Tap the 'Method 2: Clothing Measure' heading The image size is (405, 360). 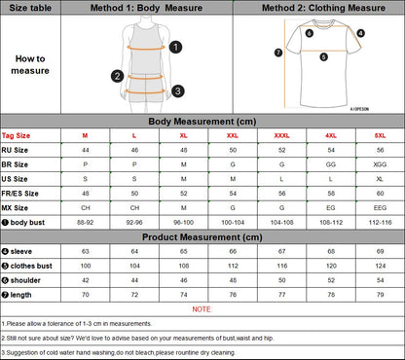pyautogui.click(x=318, y=9)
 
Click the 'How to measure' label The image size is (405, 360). pyautogui.click(x=29, y=64)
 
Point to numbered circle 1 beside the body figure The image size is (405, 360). pyautogui.click(x=174, y=46)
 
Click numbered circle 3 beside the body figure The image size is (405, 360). pyautogui.click(x=178, y=90)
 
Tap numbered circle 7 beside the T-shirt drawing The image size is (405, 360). pyautogui.click(x=278, y=52)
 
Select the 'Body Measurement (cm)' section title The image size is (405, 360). pyautogui.click(x=202, y=121)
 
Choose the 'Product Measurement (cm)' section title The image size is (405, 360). pyautogui.click(x=202, y=235)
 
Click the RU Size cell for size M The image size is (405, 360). pyautogui.click(x=85, y=150)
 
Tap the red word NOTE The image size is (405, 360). pyautogui.click(x=202, y=307)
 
